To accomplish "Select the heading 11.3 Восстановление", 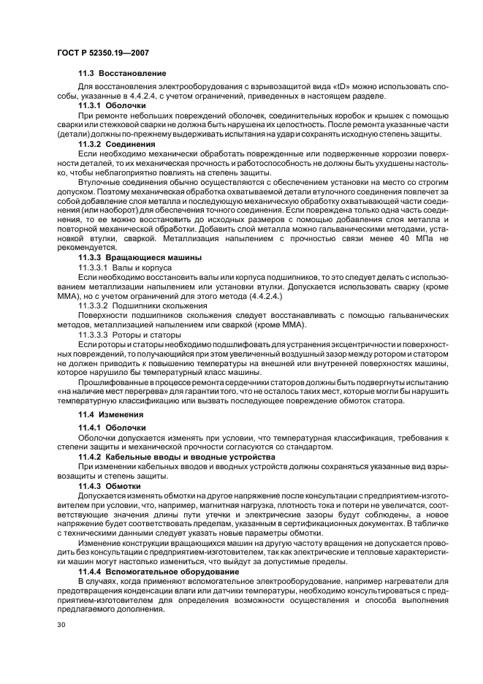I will pyautogui.click(x=122, y=74).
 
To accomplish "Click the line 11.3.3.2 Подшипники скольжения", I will pyautogui.click(x=137, y=305).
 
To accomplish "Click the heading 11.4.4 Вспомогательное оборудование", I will pyautogui.click(x=159, y=571).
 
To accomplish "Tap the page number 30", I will pyautogui.click(x=61, y=626).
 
